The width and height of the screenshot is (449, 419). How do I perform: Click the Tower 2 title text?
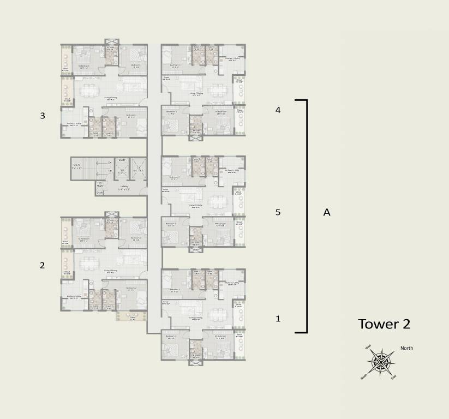pyautogui.click(x=384, y=324)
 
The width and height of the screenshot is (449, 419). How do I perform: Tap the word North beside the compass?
pyautogui.click(x=407, y=348)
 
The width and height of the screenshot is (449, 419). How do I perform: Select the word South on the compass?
pyautogui.click(x=363, y=376)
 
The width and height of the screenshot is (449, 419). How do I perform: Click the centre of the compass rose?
pyautogui.click(x=381, y=361)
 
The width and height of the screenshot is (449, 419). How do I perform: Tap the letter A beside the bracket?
pyautogui.click(x=327, y=213)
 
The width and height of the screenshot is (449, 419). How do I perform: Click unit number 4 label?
pyautogui.click(x=278, y=110)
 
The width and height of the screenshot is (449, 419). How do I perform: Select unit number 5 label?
pyautogui.click(x=278, y=213)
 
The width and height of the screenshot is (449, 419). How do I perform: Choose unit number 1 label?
pyautogui.click(x=278, y=319)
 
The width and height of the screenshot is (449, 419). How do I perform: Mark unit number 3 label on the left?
pyautogui.click(x=42, y=116)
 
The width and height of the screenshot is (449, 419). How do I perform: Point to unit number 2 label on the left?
pyautogui.click(x=42, y=266)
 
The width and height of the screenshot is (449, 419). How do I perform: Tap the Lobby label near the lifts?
pyautogui.click(x=124, y=186)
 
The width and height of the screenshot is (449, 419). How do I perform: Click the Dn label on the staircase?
pyautogui.click(x=110, y=163)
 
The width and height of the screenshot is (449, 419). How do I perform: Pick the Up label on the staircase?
pyautogui.click(x=110, y=171)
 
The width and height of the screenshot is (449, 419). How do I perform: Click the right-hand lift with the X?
pyautogui.click(x=139, y=169)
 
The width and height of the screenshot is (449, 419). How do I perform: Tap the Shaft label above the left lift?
pyautogui.click(x=122, y=160)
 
